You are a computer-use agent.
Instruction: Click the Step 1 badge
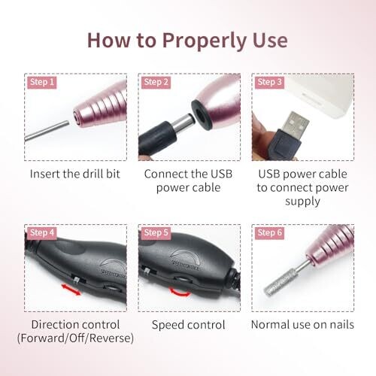[x=42, y=82]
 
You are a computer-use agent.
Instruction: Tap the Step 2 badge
[x=156, y=82]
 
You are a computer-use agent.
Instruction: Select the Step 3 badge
[x=269, y=82]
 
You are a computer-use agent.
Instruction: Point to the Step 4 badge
[x=42, y=232]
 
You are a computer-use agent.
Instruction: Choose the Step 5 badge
[x=156, y=232]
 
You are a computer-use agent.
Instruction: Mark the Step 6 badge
[x=269, y=232]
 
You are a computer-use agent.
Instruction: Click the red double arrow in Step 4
[x=71, y=290]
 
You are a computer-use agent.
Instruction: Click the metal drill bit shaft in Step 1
[x=47, y=131]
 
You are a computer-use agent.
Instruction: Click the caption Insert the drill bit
[x=75, y=174]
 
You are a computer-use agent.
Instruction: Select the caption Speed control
[x=189, y=325]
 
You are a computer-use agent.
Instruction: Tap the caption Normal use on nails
[x=302, y=325]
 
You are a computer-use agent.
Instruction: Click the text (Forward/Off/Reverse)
[x=75, y=338]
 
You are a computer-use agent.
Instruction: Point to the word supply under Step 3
[x=302, y=202]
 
